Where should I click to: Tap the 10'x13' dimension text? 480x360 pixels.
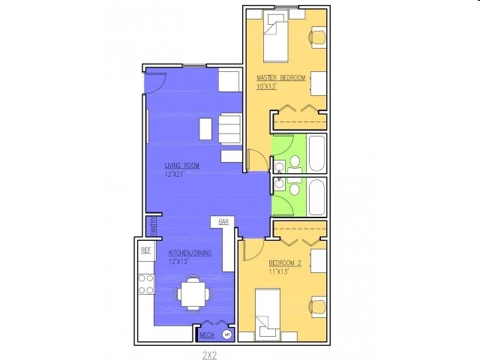pyautogui.click(x=266, y=86)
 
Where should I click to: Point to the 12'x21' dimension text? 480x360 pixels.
pyautogui.click(x=175, y=174)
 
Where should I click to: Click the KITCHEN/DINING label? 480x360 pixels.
pyautogui.click(x=190, y=253)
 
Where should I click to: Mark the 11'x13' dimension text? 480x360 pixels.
pyautogui.click(x=280, y=271)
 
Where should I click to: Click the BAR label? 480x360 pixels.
pyautogui.click(x=223, y=222)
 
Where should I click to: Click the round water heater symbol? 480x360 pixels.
pyautogui.click(x=226, y=332)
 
